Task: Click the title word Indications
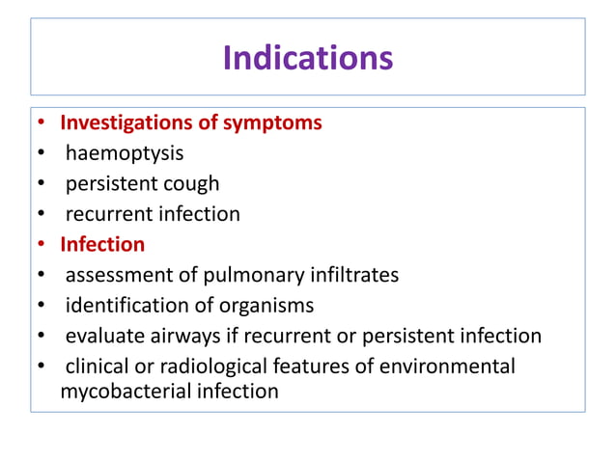(x=308, y=59)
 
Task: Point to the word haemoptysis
(x=125, y=153)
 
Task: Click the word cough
(x=193, y=183)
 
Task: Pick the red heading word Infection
(x=102, y=244)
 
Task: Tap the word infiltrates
(x=353, y=275)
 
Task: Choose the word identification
(x=127, y=306)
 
